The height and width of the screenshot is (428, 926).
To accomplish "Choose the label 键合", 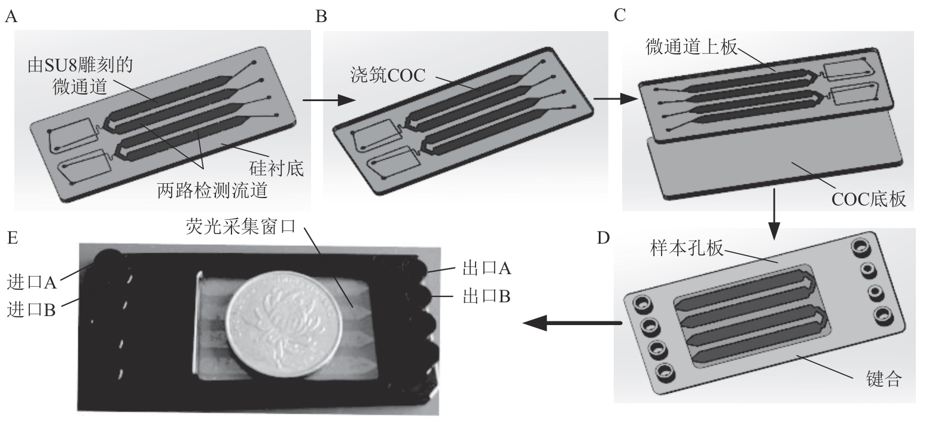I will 883,379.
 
